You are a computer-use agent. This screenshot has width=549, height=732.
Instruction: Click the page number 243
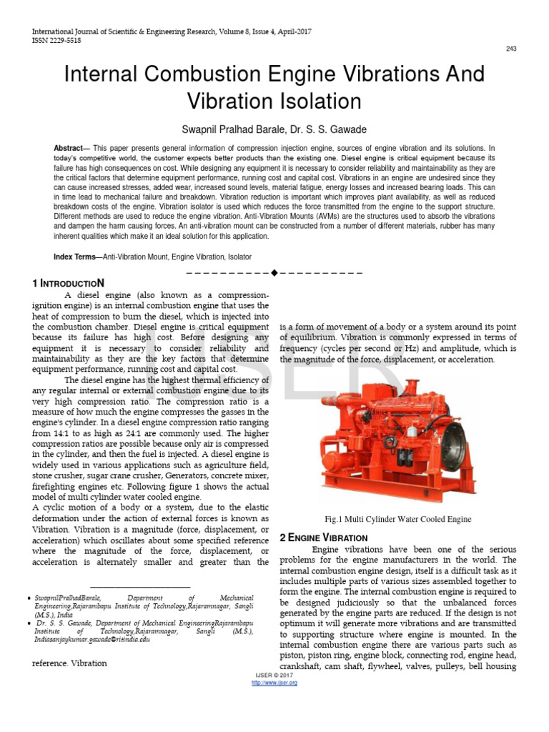pos(511,49)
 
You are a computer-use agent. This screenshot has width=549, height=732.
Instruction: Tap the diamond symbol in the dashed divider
pos(274,272)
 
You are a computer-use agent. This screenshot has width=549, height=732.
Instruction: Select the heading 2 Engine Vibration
pos(323,537)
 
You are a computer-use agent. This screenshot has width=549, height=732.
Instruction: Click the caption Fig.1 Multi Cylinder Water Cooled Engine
pos(397,519)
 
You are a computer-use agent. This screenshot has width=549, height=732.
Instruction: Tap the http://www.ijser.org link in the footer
pos(274,683)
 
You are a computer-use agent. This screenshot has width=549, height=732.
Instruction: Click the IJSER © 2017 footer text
pos(274,676)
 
